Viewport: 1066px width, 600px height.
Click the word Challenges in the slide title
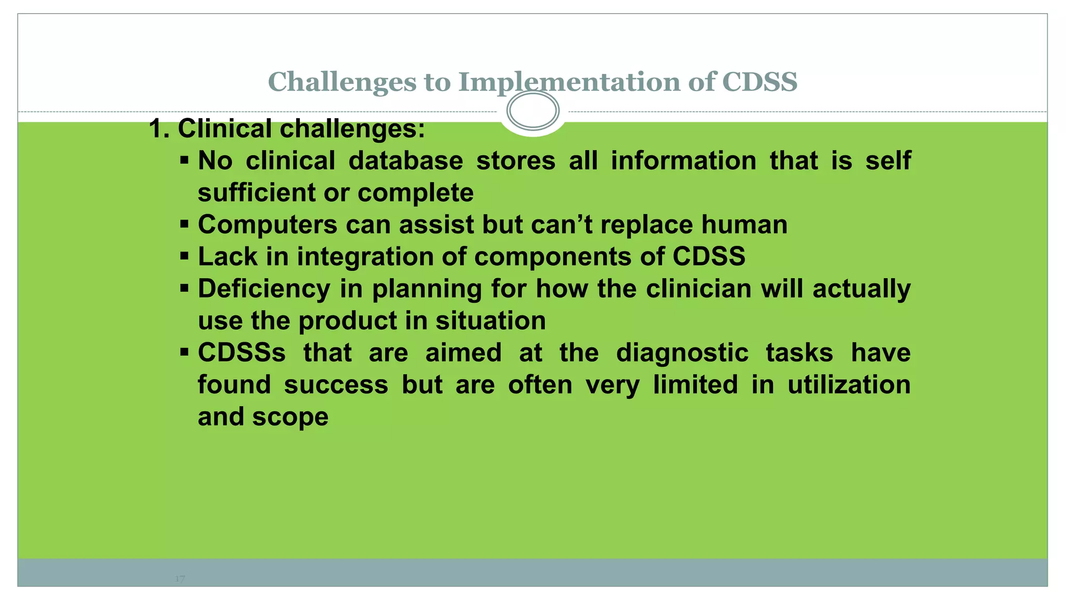(342, 82)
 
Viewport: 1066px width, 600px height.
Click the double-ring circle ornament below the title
(532, 110)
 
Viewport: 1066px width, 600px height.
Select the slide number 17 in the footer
(180, 579)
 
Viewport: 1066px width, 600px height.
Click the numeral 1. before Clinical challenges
(159, 129)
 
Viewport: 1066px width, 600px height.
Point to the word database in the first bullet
(405, 160)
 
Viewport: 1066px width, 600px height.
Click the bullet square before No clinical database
(184, 159)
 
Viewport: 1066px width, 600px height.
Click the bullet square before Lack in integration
(184, 255)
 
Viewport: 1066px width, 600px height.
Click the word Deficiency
(264, 289)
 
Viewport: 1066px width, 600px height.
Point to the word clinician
(699, 289)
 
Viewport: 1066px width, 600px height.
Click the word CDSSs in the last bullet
(242, 353)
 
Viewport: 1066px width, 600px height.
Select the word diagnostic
(682, 353)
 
